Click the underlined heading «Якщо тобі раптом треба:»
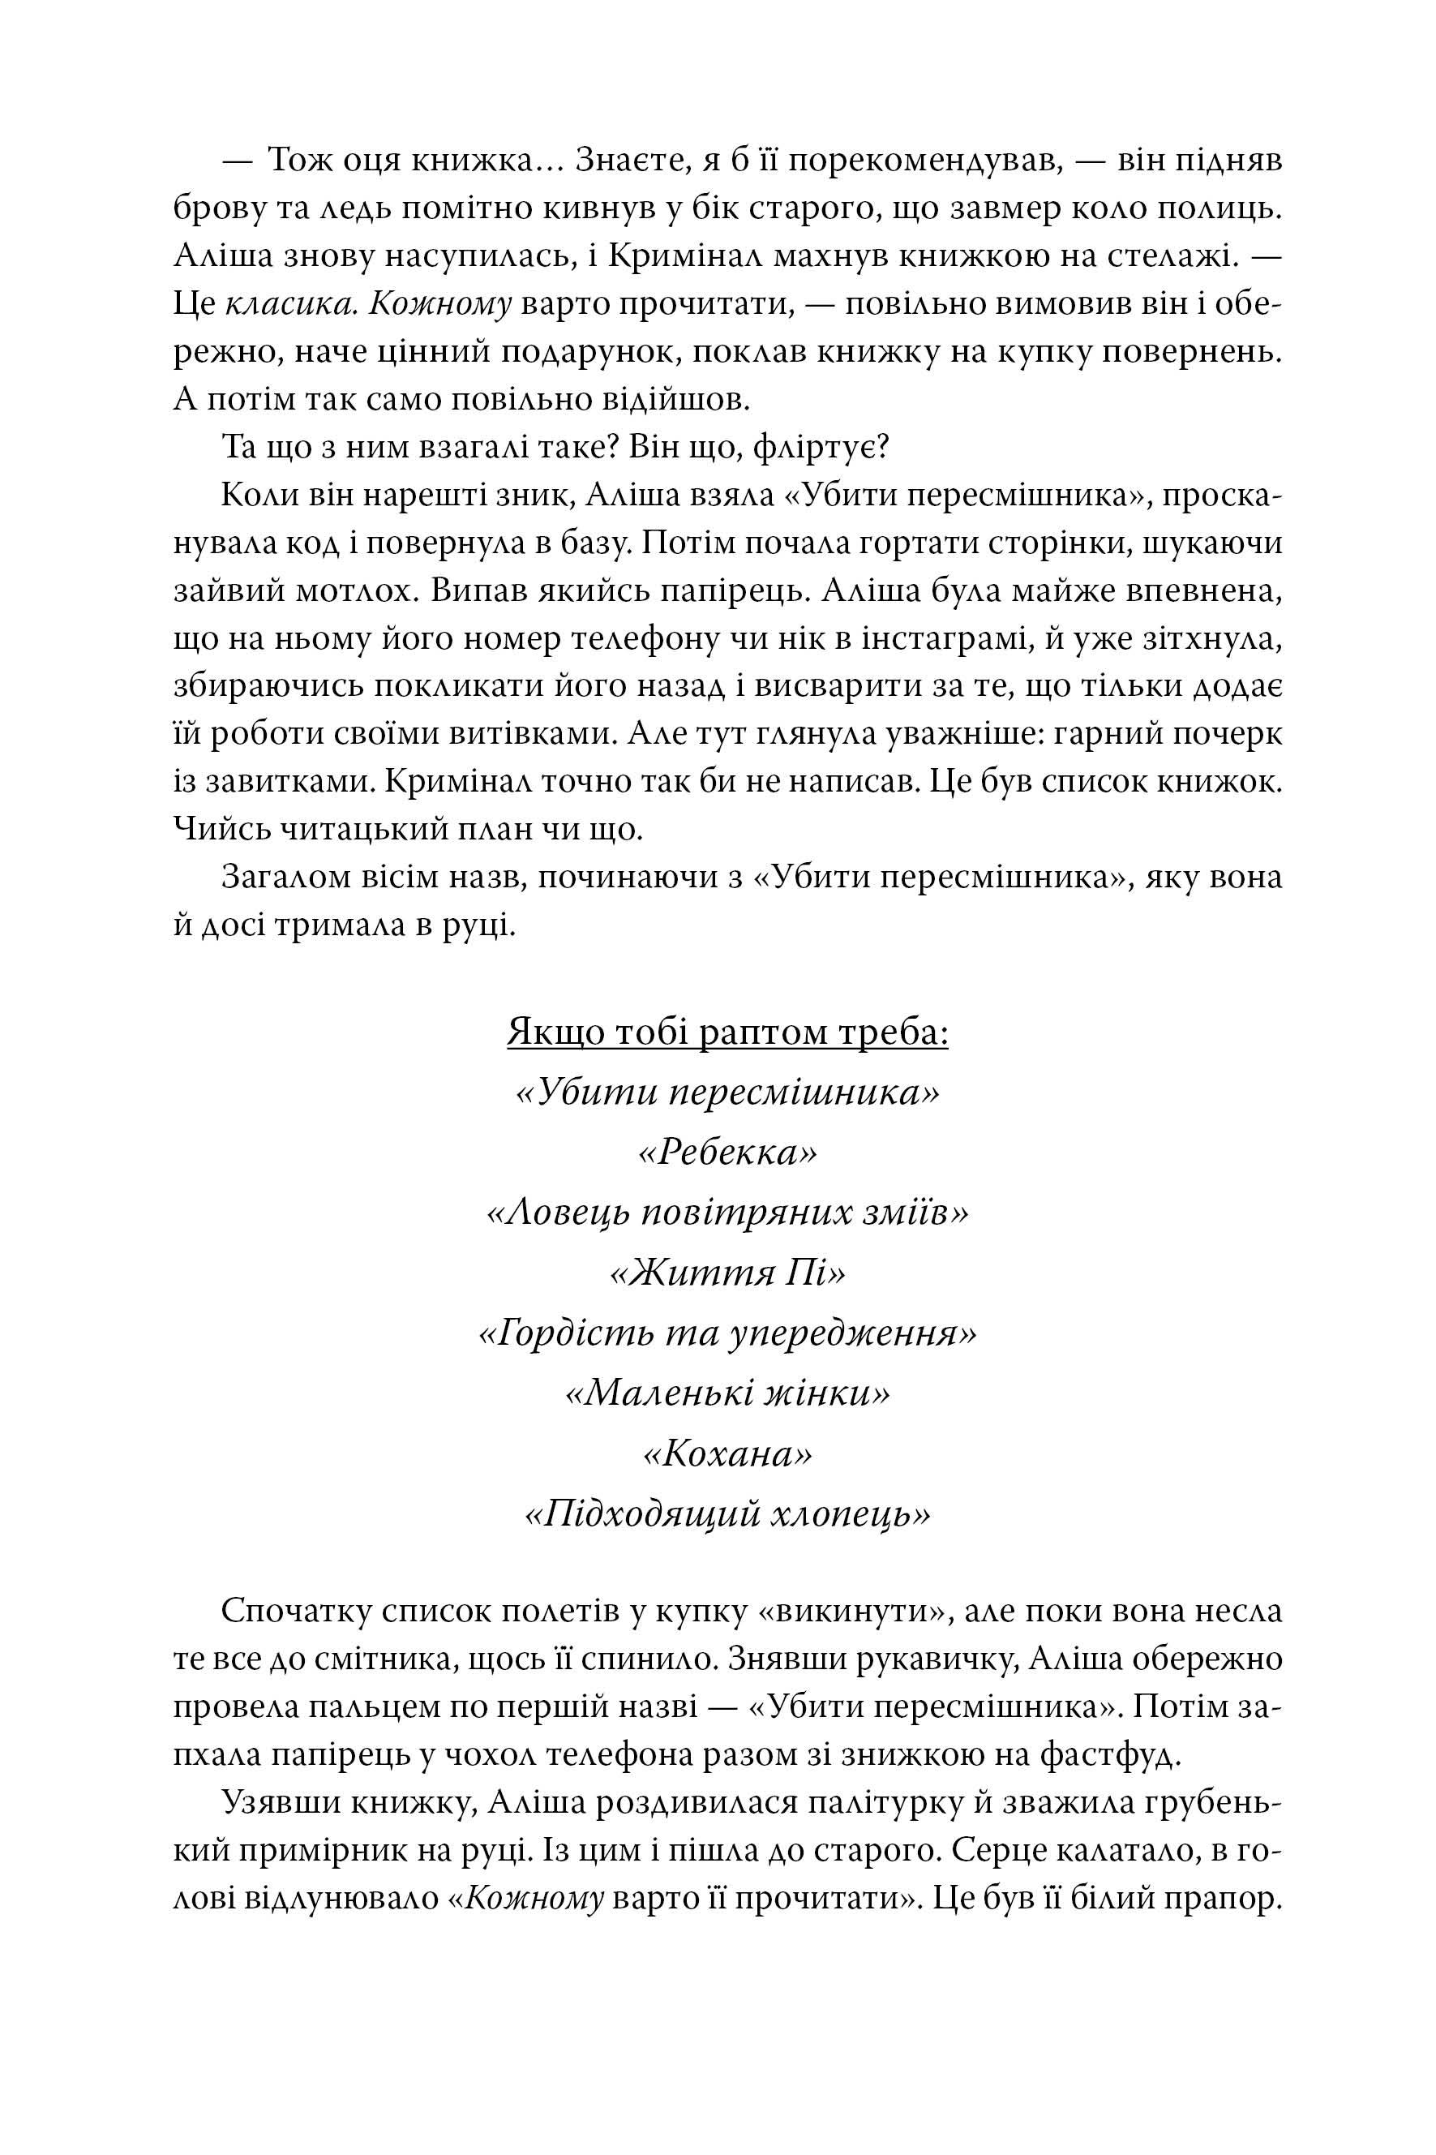(727, 1033)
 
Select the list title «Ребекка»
(727, 1153)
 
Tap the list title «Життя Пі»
(727, 1274)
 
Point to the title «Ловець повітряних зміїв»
(727, 1213)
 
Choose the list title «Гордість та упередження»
(727, 1334)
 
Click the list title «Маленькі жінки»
(727, 1394)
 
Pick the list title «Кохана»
(727, 1454)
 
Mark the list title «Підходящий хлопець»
(727, 1515)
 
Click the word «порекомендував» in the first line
(925, 161)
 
